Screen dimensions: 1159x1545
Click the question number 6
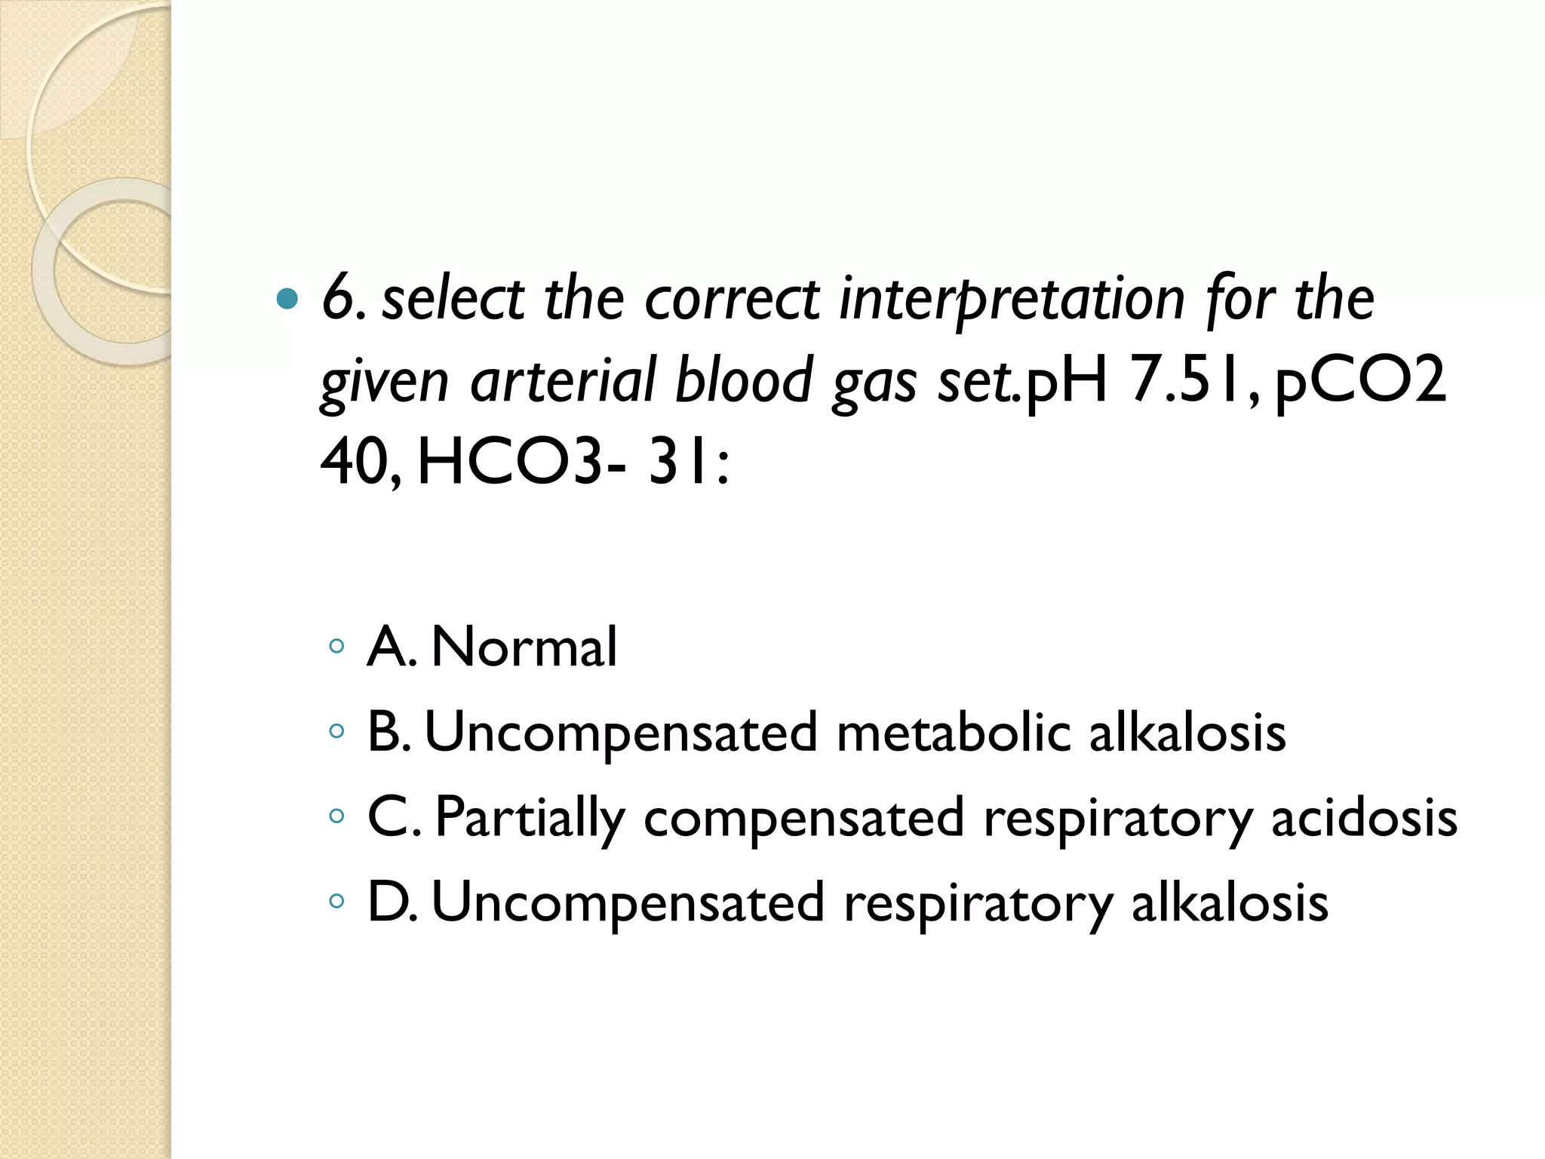coord(336,299)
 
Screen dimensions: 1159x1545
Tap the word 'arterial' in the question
coord(563,380)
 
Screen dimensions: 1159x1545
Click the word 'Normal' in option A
coord(524,647)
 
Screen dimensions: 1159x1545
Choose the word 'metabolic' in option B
coord(954,732)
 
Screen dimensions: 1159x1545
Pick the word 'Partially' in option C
coord(530,818)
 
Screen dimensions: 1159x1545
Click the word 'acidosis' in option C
coord(1364,818)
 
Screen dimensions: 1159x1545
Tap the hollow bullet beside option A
coord(336,647)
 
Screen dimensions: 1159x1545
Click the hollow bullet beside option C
coord(336,816)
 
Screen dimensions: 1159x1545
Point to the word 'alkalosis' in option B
coord(1187,732)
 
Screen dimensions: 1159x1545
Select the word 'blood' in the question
coord(744,380)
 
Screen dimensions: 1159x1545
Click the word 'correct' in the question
coord(732,300)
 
